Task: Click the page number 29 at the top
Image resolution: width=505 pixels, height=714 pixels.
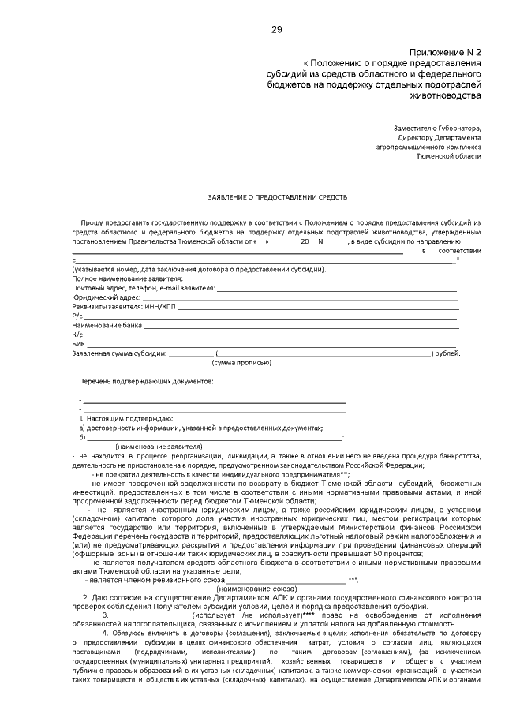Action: pyautogui.click(x=277, y=30)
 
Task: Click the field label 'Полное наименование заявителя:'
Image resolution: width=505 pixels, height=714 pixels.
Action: pyautogui.click(x=127, y=279)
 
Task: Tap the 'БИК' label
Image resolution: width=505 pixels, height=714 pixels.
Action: pyautogui.click(x=78, y=344)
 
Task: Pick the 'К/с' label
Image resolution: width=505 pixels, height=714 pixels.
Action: pyautogui.click(x=77, y=335)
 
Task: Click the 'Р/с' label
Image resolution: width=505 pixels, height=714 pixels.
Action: pyautogui.click(x=77, y=316)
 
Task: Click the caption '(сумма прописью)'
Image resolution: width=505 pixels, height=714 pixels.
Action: pyautogui.click(x=241, y=362)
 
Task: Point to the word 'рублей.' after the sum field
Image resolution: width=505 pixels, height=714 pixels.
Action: pyautogui.click(x=447, y=353)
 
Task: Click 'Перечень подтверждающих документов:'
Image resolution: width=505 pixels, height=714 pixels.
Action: pyautogui.click(x=146, y=381)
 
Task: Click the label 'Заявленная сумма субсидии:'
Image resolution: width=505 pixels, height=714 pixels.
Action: pyautogui.click(x=119, y=353)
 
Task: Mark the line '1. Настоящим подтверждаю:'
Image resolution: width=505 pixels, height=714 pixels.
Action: pyautogui.click(x=122, y=418)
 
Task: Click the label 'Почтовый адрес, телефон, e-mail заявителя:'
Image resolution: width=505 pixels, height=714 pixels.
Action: pyautogui.click(x=143, y=289)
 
